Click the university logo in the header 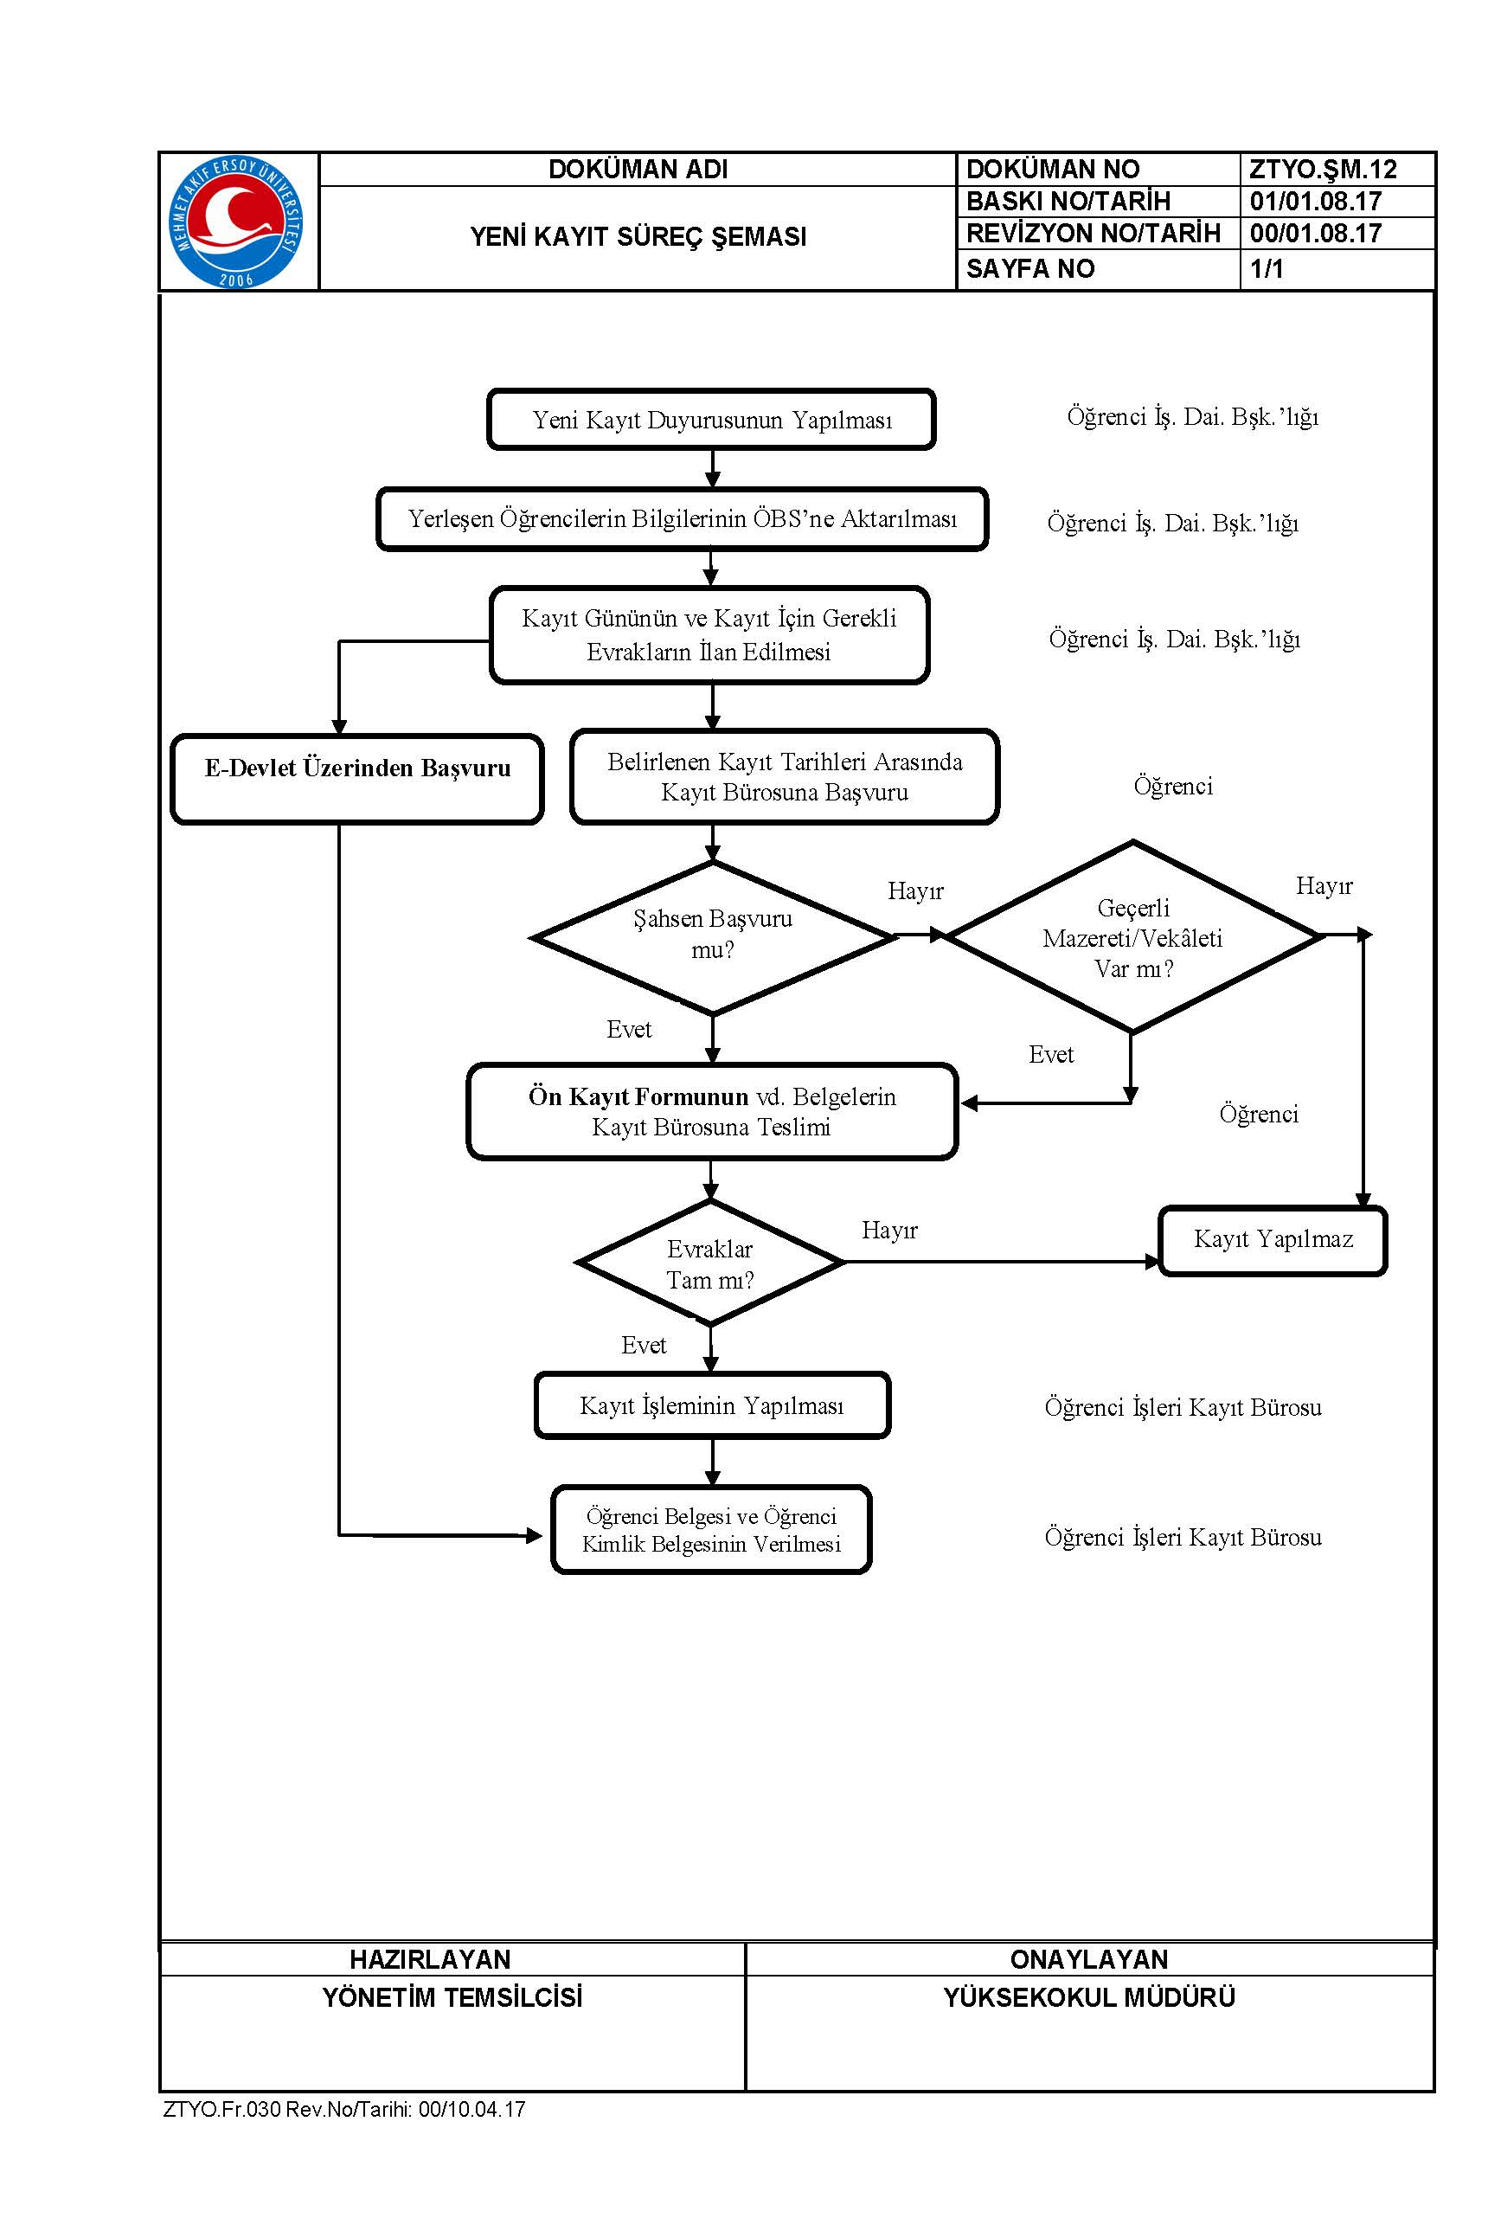[236, 222]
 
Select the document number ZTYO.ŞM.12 [1323, 169]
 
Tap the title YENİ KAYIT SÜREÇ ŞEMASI [638, 236]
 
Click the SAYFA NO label [1029, 268]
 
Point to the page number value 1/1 [1266, 268]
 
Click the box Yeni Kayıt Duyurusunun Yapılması [711, 420]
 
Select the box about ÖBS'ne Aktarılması [683, 519]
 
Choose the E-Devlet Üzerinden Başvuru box [356, 779]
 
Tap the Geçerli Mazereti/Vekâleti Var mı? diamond [1133, 936]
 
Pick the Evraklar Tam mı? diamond [710, 1263]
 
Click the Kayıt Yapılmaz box [1273, 1240]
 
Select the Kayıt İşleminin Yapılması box [712, 1405]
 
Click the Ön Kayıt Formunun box [712, 1111]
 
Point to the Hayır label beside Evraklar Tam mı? [889, 1230]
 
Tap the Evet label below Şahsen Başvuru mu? [629, 1030]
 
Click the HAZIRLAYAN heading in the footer [430, 1959]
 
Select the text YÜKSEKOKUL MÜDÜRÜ [1089, 1997]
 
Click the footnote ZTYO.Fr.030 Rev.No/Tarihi [344, 2109]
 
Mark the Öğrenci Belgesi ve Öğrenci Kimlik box [712, 1530]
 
